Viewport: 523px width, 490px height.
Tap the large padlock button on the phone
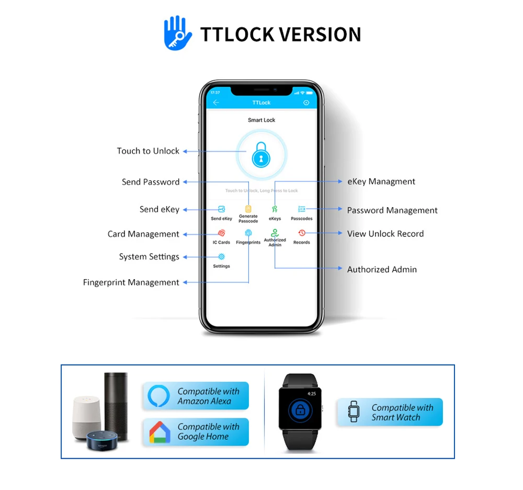point(261,155)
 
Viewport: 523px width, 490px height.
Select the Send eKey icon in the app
point(221,209)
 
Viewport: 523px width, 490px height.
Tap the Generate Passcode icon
point(248,209)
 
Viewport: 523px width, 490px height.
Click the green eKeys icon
point(275,209)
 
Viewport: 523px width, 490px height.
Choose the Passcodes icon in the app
point(302,209)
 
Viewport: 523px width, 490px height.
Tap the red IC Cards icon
point(221,233)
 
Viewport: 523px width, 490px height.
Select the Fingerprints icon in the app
point(248,233)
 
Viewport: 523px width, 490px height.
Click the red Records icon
point(302,233)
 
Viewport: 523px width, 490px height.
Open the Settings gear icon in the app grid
point(221,257)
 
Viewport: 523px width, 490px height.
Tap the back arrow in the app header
point(216,102)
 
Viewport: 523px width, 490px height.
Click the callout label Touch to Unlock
point(148,151)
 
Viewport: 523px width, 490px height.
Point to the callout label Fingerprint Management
point(131,282)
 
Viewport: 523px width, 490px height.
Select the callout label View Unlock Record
point(385,234)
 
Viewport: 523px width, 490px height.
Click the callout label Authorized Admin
point(382,270)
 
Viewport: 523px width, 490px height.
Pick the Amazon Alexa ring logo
point(159,396)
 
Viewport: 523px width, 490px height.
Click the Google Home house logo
point(159,432)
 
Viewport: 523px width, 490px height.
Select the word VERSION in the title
point(320,35)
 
